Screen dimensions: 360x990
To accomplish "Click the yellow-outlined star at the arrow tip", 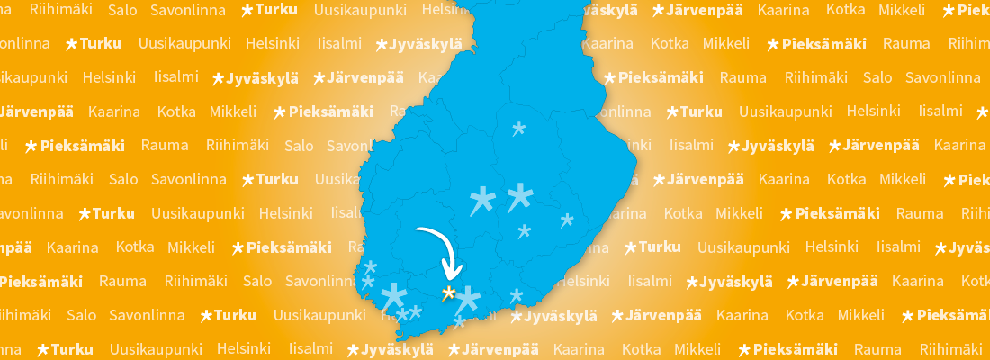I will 448,292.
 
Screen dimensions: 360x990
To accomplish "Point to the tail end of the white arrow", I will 418,232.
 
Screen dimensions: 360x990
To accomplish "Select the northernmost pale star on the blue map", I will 518,129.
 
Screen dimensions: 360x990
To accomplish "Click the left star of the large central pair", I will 482,200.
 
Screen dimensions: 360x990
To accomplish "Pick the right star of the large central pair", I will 519,195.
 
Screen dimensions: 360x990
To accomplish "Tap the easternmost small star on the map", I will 567,220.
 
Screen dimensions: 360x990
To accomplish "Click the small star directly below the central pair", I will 525,231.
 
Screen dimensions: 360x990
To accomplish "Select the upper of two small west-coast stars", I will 371,266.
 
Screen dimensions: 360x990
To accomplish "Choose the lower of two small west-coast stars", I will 367,282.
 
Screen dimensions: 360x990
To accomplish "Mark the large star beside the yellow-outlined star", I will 469,299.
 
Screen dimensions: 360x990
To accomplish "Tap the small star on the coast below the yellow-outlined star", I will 459,321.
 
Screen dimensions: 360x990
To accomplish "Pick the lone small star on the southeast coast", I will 516,294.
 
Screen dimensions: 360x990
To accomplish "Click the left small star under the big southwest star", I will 402,314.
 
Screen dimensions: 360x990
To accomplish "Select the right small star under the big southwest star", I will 416,310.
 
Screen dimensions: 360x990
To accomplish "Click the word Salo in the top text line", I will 122,11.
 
